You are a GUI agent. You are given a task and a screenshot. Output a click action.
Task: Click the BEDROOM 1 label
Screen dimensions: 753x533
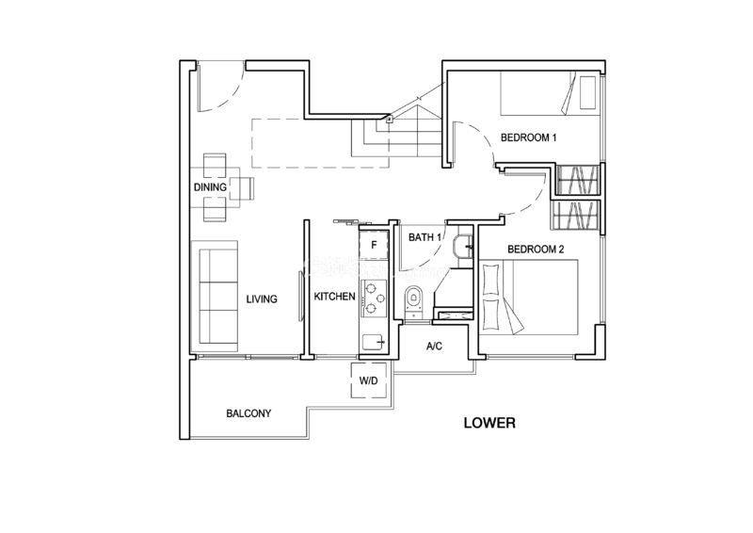(x=528, y=137)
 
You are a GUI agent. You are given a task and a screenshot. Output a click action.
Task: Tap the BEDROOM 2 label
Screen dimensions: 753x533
(x=536, y=250)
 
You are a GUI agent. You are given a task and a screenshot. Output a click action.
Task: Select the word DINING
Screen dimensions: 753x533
(x=210, y=187)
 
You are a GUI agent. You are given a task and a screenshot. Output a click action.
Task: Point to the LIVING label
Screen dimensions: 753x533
(x=262, y=299)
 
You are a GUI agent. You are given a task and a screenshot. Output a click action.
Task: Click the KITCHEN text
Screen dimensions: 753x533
(x=335, y=297)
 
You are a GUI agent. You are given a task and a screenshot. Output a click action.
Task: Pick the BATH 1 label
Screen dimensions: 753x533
(x=425, y=237)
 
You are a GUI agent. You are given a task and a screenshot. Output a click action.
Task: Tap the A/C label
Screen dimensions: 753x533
(x=434, y=346)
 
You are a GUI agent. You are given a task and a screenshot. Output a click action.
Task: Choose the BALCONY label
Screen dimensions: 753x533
(x=248, y=413)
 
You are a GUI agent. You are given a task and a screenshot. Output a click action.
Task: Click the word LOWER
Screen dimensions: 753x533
(x=489, y=423)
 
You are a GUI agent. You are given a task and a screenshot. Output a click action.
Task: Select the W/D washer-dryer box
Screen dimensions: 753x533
(x=369, y=380)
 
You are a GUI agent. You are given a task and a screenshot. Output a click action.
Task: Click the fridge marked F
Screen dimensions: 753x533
(x=374, y=245)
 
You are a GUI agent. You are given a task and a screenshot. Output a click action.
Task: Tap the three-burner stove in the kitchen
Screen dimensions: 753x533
(x=375, y=298)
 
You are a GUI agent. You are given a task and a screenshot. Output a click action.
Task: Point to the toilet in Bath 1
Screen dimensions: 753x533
(x=413, y=300)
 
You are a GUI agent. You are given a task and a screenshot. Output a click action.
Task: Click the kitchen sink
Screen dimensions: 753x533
(x=375, y=342)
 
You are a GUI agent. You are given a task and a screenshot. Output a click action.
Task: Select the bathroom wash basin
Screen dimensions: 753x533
(x=463, y=247)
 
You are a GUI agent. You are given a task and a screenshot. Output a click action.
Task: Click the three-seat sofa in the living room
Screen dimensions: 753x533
(x=215, y=296)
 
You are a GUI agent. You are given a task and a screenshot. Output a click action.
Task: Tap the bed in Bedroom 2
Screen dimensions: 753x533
(x=529, y=298)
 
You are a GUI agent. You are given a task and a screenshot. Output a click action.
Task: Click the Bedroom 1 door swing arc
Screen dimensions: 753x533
(x=480, y=139)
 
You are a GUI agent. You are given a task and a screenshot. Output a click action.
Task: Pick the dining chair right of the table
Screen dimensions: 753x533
(x=242, y=188)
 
